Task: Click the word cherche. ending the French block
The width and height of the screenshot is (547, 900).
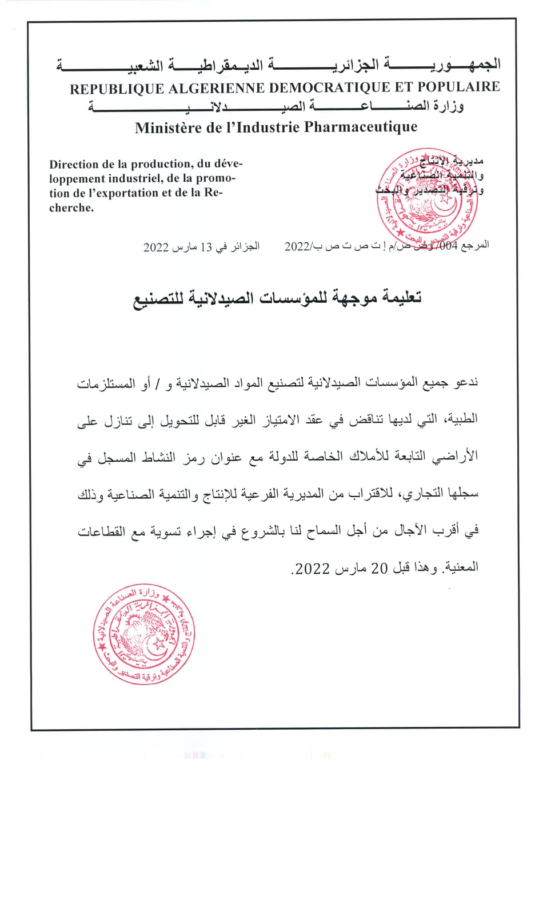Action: [71, 208]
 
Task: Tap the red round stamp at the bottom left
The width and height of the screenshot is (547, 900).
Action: [144, 634]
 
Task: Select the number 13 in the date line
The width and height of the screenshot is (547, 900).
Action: [206, 247]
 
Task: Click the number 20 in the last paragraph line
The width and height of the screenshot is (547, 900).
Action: [380, 569]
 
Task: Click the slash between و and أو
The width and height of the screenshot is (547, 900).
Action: [157, 383]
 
